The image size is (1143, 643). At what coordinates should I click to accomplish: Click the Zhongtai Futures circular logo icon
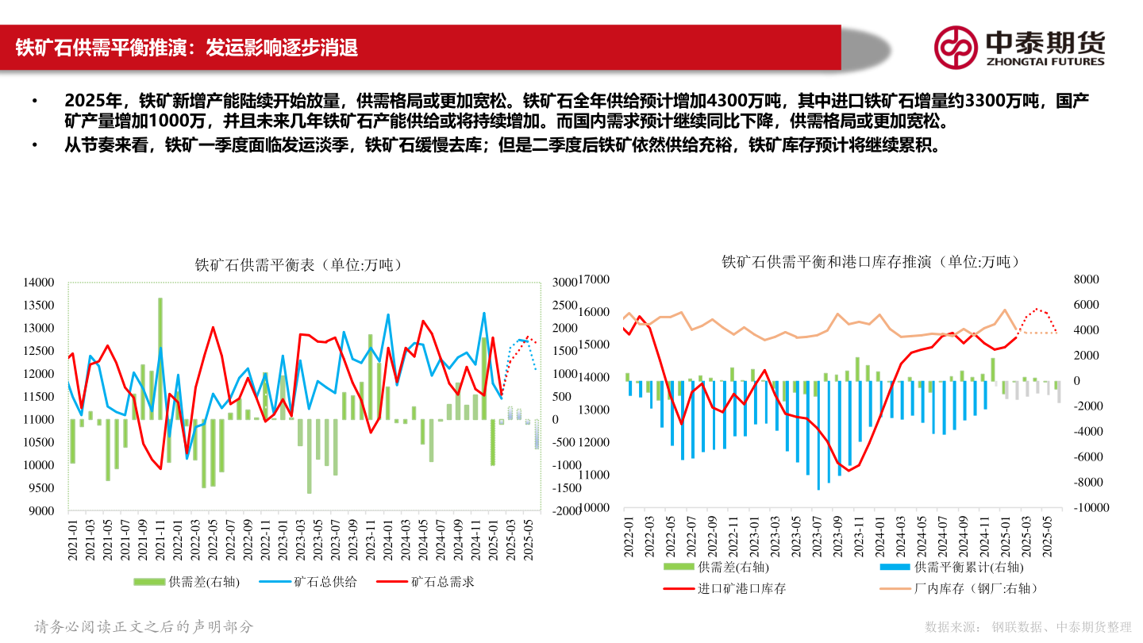[955, 48]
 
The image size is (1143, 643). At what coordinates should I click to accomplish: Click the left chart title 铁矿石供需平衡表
[298, 265]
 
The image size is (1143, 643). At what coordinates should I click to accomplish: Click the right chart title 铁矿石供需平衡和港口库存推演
[870, 261]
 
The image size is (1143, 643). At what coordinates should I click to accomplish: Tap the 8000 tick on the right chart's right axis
[1086, 279]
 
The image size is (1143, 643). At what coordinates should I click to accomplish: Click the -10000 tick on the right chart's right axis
[1083, 507]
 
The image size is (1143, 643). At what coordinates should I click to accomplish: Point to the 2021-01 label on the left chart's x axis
[72, 539]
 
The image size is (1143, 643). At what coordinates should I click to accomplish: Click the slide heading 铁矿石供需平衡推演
[187, 48]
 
